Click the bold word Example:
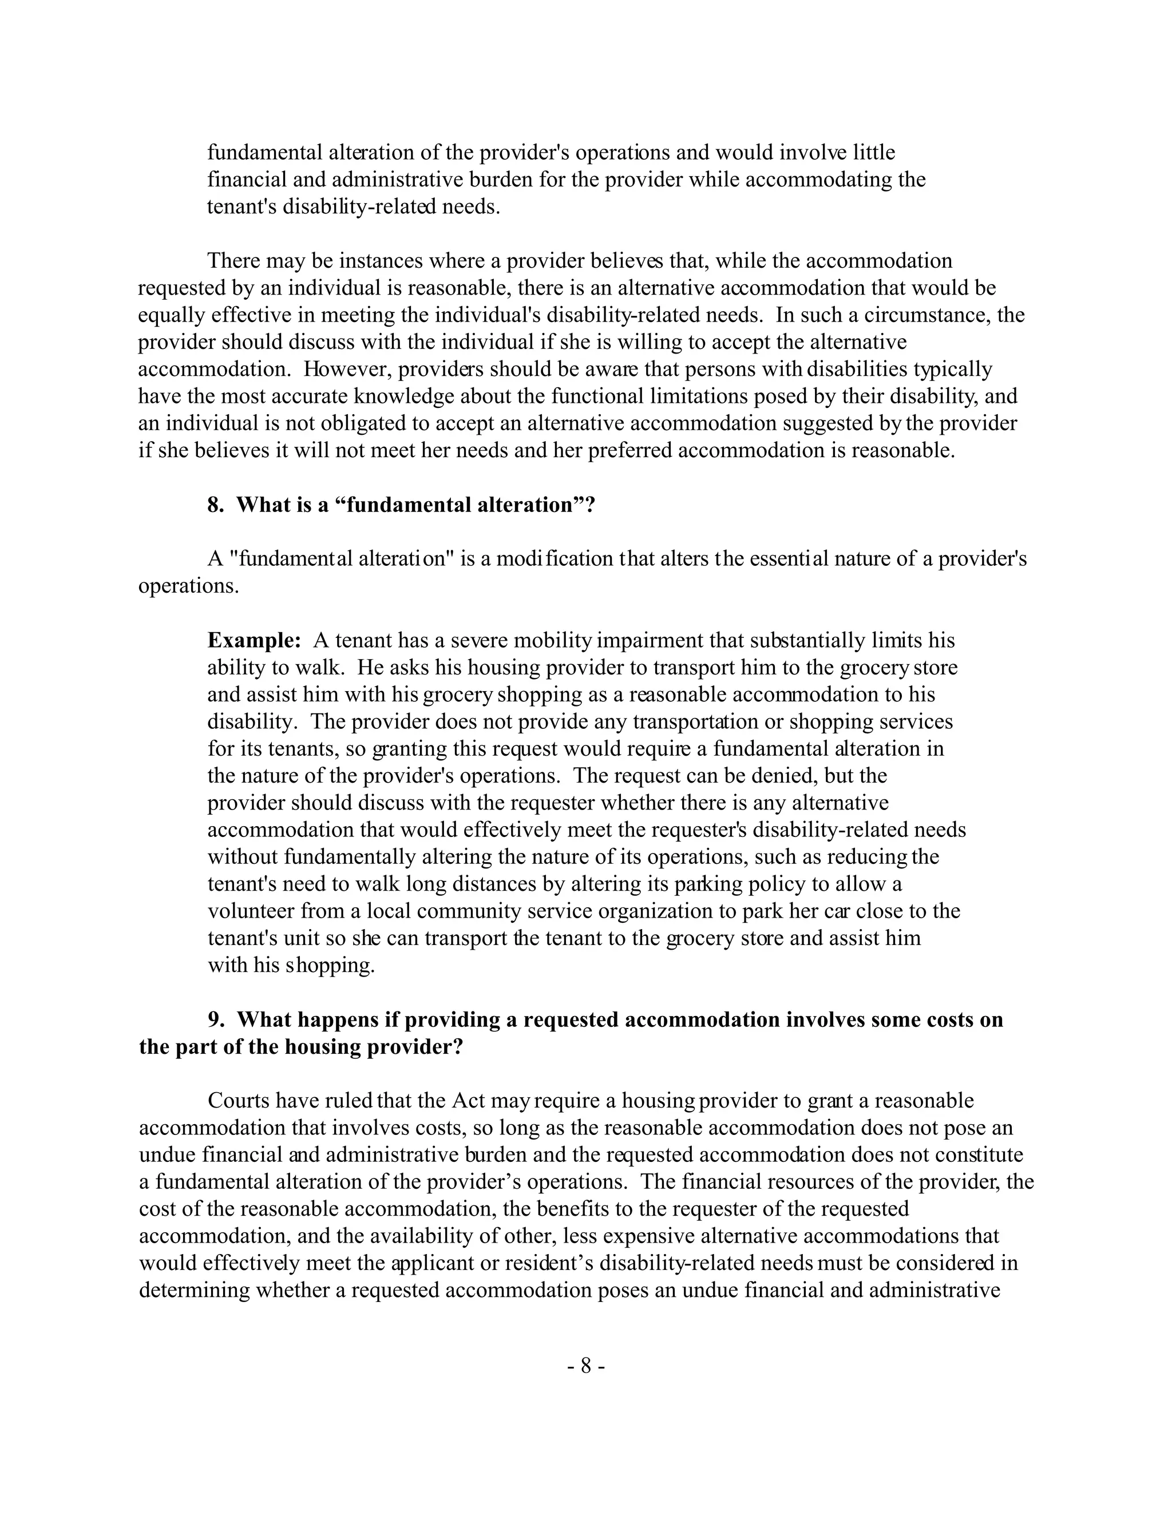(254, 640)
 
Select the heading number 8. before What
(216, 505)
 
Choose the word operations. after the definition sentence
(189, 586)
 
